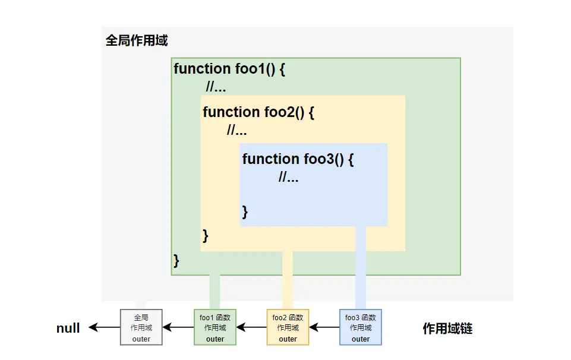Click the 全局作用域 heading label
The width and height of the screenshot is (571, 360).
tap(137, 41)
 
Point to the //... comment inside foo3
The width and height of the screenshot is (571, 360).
tap(288, 177)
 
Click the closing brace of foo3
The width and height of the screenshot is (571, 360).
tap(245, 212)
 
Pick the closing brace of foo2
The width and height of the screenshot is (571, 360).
tap(206, 235)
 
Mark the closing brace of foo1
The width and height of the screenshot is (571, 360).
tap(176, 260)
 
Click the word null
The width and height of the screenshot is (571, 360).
tap(68, 329)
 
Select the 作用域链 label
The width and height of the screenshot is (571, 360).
tap(447, 329)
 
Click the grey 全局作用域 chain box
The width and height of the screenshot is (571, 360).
tap(141, 327)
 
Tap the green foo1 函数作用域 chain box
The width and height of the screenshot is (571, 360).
tap(215, 327)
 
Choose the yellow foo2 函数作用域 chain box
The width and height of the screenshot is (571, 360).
tap(288, 327)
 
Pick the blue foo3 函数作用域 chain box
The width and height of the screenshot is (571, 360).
tap(361, 327)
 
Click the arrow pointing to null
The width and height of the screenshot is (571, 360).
tap(105, 327)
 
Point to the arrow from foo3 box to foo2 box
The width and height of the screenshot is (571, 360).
tap(324, 327)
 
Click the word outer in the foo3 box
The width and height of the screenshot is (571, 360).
tap(361, 339)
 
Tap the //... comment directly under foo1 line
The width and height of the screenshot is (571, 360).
tap(216, 88)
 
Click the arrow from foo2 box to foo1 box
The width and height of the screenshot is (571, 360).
tap(251, 327)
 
